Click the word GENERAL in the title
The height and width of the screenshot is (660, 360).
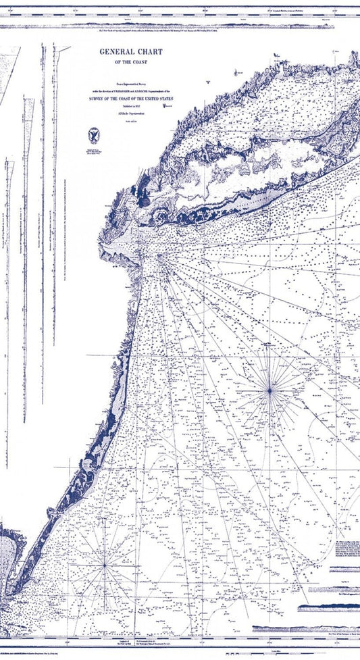(x=116, y=51)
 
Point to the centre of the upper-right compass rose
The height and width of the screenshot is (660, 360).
(x=269, y=390)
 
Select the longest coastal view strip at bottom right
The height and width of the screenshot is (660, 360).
(x=304, y=630)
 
